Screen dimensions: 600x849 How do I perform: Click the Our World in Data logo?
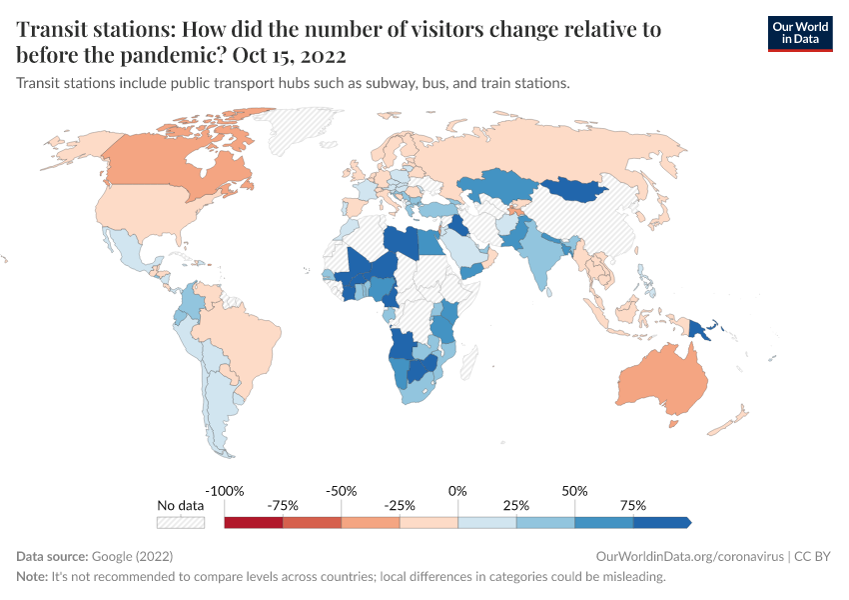[x=799, y=33]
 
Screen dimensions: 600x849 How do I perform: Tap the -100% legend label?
[x=225, y=491]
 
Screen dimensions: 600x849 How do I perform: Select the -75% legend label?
[x=283, y=506]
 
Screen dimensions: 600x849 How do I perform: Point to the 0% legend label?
[x=457, y=491]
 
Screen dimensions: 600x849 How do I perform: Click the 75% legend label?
[x=632, y=506]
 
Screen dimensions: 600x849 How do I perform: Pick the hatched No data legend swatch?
[x=180, y=522]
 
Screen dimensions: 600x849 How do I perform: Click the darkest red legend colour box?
[x=254, y=522]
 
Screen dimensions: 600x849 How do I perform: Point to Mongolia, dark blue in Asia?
[x=575, y=189]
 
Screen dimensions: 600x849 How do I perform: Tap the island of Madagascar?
[x=465, y=364]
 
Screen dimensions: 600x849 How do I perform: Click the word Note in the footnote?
[x=32, y=577]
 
